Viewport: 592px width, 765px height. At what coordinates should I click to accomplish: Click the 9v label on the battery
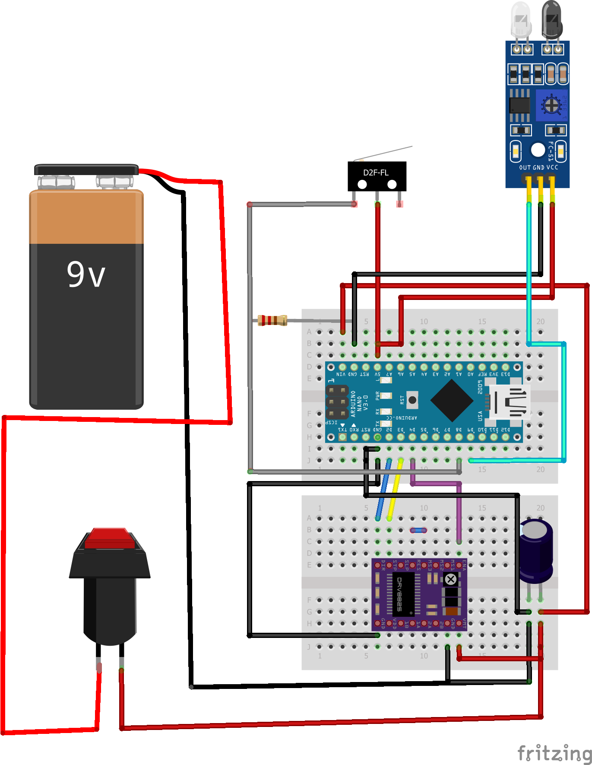86,275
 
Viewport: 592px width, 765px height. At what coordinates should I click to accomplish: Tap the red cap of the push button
110,538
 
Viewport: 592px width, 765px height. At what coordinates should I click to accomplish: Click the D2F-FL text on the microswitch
375,172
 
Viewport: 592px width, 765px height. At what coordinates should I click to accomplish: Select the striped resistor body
272,320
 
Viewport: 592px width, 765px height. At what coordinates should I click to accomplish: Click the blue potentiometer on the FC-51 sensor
551,105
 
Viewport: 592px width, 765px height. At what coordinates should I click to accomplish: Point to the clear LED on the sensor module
521,19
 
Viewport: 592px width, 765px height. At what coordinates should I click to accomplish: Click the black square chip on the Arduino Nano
452,401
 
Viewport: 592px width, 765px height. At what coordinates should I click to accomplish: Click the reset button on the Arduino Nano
412,400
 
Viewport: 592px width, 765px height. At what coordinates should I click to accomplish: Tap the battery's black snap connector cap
86,169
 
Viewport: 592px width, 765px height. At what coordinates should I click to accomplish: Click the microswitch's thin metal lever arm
384,153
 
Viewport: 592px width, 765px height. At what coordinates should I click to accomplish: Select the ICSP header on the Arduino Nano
337,402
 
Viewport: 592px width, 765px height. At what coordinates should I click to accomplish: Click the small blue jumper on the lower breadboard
418,530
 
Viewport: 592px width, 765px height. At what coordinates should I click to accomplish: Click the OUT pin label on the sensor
525,168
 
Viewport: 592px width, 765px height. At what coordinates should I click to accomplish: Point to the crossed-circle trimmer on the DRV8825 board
450,579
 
